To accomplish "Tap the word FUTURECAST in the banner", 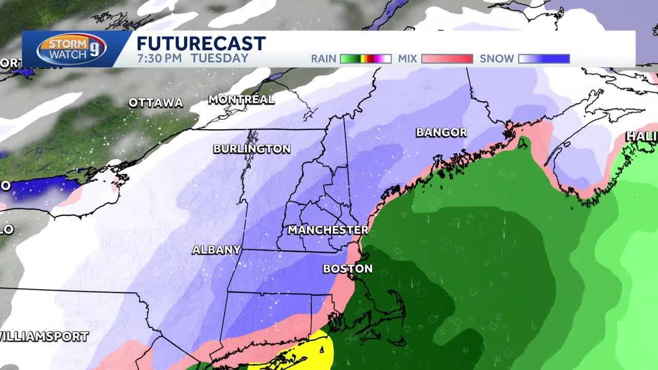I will point(201,44).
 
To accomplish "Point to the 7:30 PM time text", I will point(159,59).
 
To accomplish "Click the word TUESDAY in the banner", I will point(220,59).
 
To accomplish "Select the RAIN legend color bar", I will point(365,59).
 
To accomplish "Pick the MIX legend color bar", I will point(447,59).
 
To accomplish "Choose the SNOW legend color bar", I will point(544,59).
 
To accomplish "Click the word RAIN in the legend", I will point(323,59).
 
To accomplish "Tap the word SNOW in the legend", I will point(497,59).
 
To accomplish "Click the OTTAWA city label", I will point(156,103).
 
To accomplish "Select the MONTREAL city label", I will point(241,100).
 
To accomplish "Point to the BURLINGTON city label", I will point(252,149).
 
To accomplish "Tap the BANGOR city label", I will point(441,133).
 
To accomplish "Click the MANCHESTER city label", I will point(328,230).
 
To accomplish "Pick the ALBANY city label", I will point(216,250).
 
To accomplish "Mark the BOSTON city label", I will point(348,268).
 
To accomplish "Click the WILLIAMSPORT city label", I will point(44,337).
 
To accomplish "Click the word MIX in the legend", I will point(407,59).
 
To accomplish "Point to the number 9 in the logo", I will point(98,50).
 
